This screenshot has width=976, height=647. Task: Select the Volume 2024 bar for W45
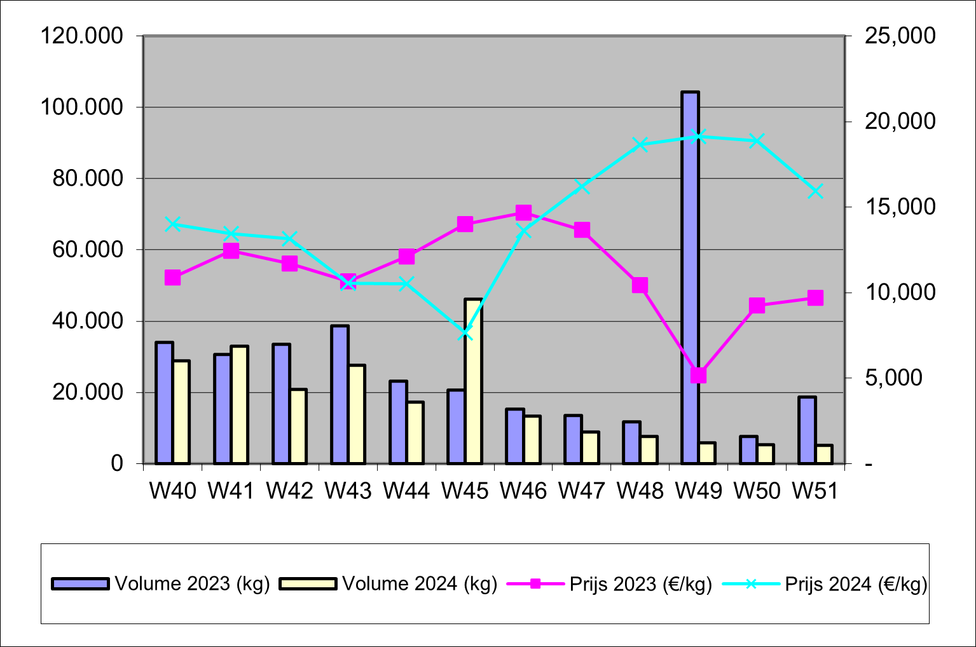point(474,381)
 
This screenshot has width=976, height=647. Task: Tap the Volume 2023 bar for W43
point(340,395)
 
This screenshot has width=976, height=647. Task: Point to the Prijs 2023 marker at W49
point(699,376)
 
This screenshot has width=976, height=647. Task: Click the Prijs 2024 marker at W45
point(465,332)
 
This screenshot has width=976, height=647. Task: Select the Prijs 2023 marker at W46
point(523,212)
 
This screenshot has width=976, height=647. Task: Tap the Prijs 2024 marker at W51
point(816,191)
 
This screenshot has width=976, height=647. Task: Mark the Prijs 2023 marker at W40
point(172,278)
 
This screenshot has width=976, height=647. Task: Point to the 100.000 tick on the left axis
point(82,107)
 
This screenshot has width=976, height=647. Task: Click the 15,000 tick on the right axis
point(900,207)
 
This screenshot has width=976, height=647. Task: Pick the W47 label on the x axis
point(582,491)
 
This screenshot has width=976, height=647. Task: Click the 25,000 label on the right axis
point(900,36)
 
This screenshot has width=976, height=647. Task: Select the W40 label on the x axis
point(172,491)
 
